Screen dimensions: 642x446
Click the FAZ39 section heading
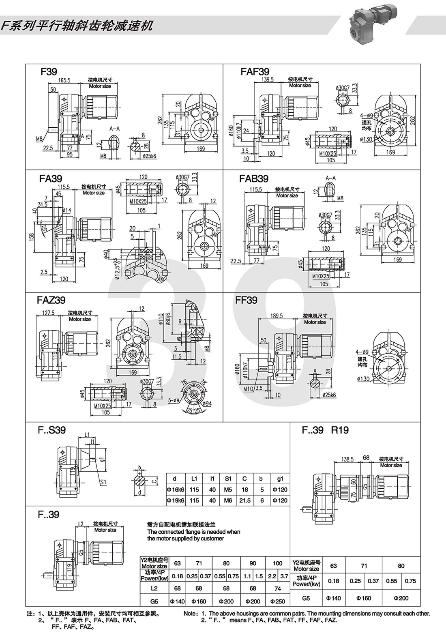point(51,301)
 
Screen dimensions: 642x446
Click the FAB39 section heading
point(254,178)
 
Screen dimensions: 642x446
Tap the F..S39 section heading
point(52,430)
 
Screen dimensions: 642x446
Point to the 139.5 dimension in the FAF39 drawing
point(268,79)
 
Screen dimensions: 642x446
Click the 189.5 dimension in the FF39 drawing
point(277,316)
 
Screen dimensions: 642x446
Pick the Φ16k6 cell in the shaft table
point(175,489)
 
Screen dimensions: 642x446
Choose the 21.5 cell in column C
point(244,500)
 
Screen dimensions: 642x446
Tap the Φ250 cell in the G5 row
point(277,601)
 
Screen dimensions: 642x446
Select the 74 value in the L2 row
point(277,588)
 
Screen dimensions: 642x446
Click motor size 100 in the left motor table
point(277,563)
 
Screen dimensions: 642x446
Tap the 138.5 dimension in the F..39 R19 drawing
point(347,459)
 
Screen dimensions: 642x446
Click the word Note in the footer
point(190,614)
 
